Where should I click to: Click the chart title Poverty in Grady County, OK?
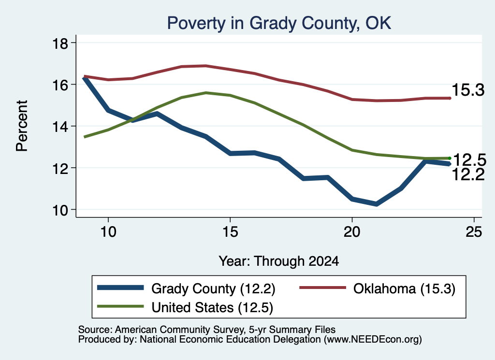point(279,23)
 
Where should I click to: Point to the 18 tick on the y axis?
point(60,43)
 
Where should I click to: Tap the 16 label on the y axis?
point(60,85)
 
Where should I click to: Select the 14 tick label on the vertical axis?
point(60,127)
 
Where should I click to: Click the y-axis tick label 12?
point(60,168)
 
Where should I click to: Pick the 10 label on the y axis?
point(60,210)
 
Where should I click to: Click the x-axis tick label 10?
point(108,232)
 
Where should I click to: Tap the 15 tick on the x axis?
point(230,232)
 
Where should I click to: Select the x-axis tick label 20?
point(352,232)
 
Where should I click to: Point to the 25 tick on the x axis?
point(474,232)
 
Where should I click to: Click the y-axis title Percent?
point(22,126)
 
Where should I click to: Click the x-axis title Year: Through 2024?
point(279,261)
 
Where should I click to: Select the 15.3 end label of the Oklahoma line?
point(468,90)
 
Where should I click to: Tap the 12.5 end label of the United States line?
point(469,160)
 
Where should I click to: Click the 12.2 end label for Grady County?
point(468,174)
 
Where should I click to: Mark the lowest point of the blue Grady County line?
point(376,204)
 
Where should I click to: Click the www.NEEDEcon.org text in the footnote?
point(373,340)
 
